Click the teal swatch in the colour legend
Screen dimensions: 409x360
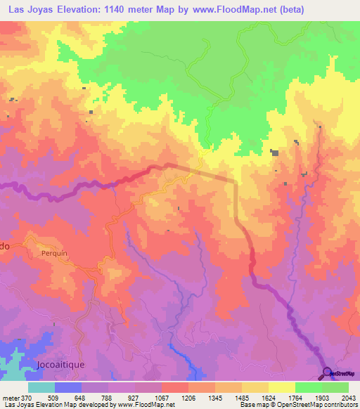41,387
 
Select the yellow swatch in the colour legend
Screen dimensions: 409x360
281,387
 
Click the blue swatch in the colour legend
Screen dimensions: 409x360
68,387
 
